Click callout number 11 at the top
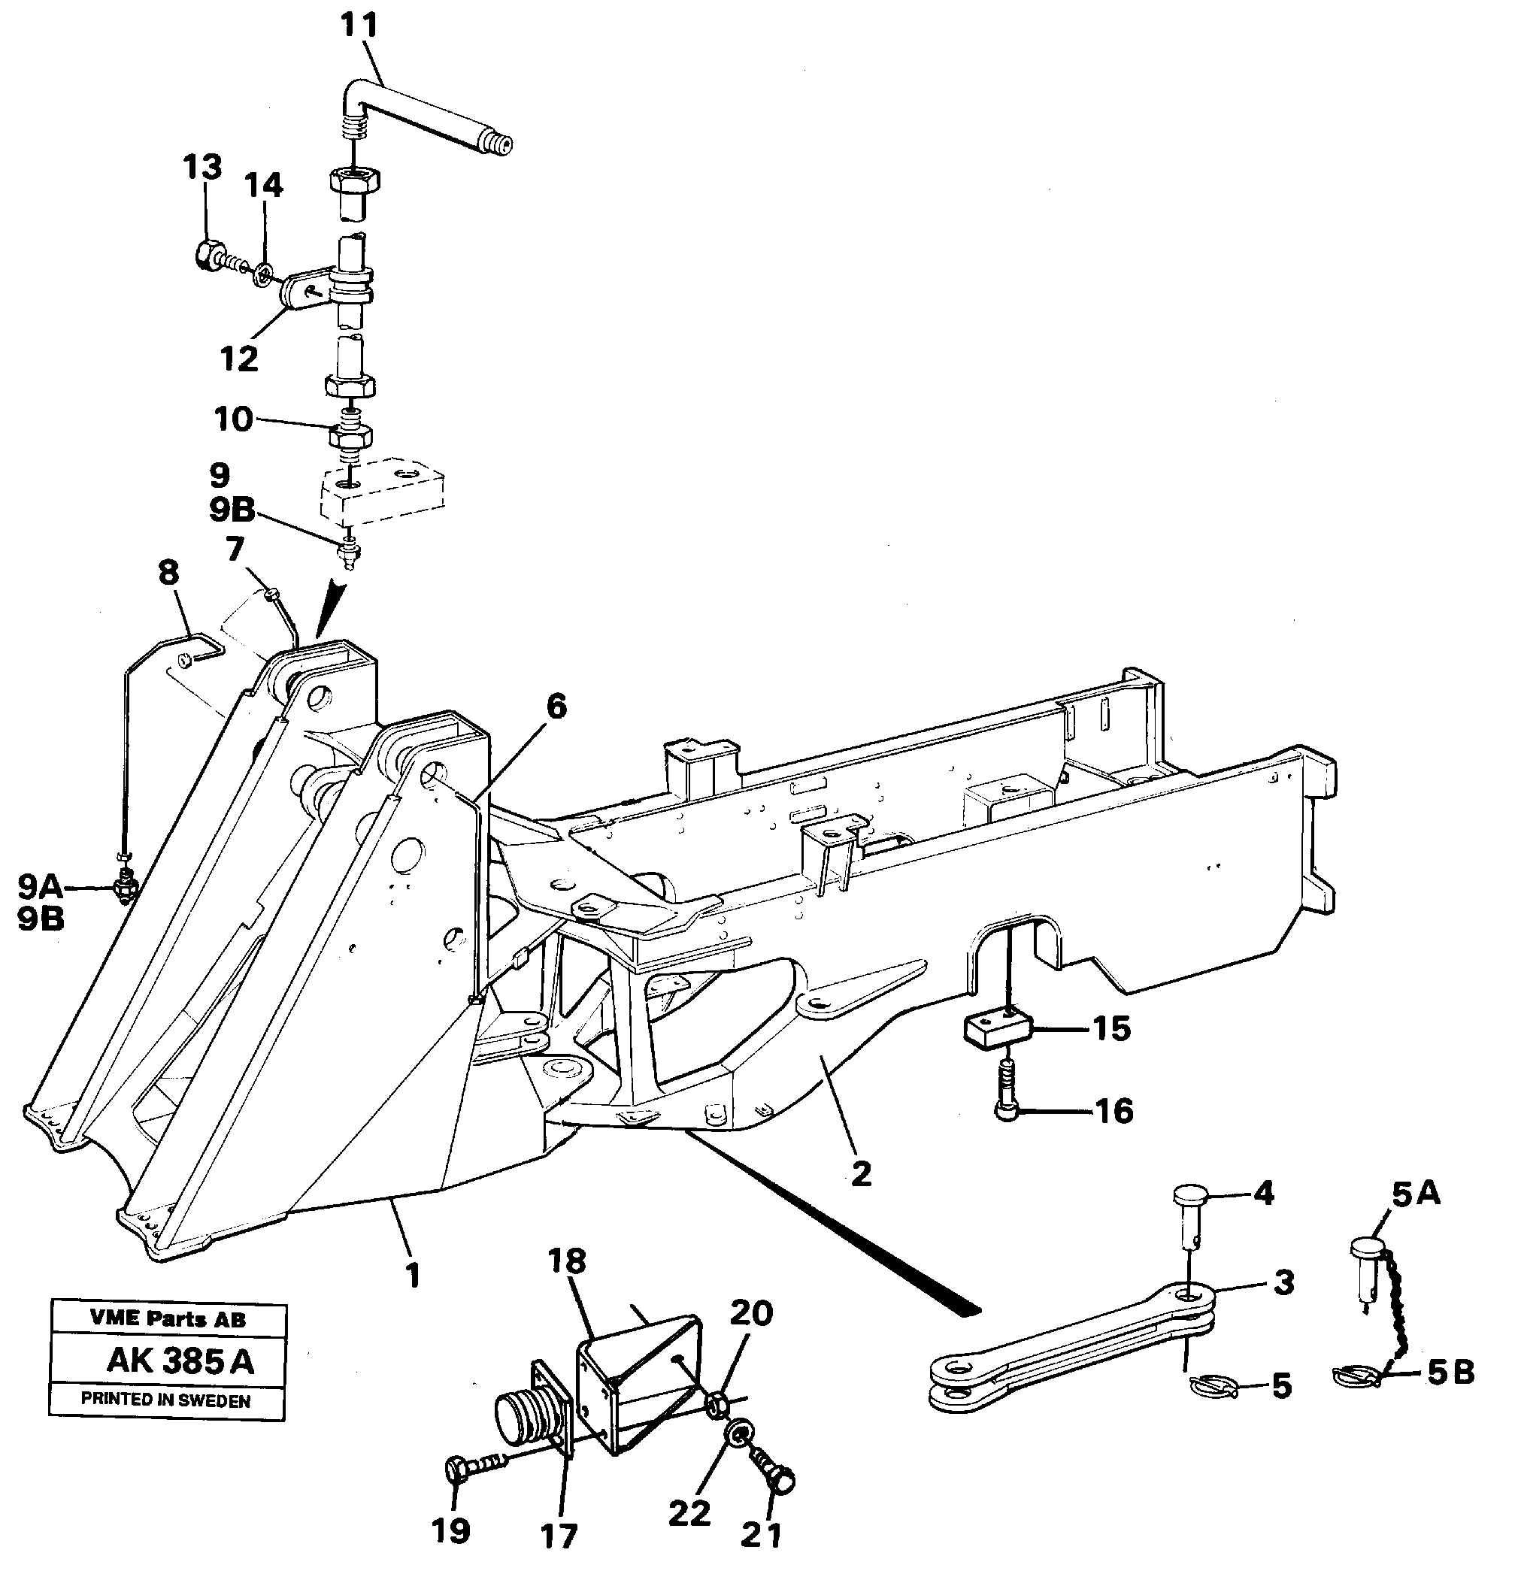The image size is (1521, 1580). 359,26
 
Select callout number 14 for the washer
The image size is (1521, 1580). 264,186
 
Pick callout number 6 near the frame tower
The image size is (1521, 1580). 556,707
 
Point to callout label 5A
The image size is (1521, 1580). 1415,1194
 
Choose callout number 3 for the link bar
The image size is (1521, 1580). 1283,1282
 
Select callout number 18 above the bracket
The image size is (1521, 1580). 566,1261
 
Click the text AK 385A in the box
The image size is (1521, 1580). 179,1361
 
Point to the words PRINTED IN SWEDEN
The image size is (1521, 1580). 165,1400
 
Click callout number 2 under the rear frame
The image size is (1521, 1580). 862,1173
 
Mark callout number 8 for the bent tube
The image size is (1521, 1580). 168,574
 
